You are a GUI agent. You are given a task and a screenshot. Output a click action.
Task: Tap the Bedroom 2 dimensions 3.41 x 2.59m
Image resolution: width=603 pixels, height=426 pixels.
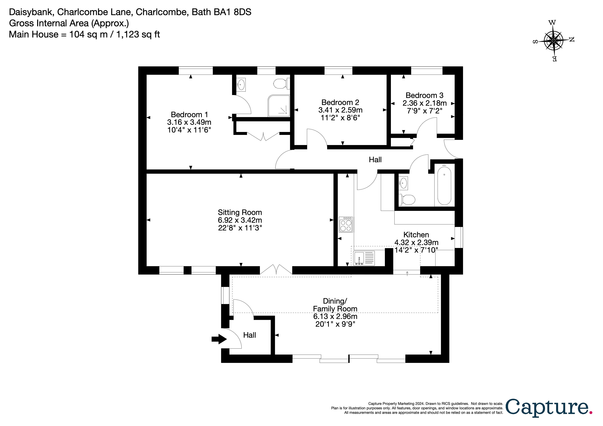[340, 110]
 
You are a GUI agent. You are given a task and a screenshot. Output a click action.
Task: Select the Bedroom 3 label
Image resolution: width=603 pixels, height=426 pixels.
[424, 95]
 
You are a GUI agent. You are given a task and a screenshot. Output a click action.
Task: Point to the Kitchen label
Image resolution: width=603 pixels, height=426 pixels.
[416, 235]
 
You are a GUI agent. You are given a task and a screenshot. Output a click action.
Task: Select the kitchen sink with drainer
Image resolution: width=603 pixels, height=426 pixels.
[364, 258]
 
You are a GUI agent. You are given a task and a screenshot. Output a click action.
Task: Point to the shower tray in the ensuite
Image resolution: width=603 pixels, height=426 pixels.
[279, 106]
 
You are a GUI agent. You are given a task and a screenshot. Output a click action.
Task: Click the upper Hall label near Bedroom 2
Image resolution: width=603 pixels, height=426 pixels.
[375, 160]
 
